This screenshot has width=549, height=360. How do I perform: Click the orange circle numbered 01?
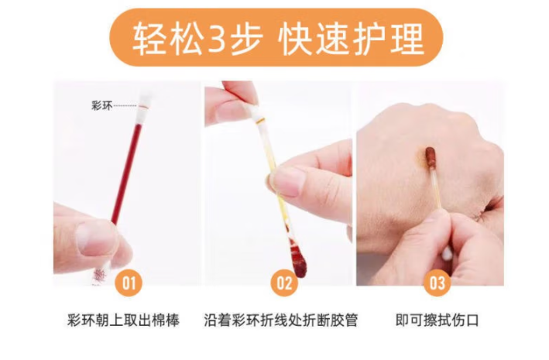tap(129, 283)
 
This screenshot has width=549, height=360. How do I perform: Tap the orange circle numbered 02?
tap(284, 283)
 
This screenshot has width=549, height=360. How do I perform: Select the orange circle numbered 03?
tap(437, 283)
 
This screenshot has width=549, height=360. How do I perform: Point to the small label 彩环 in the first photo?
tap(102, 105)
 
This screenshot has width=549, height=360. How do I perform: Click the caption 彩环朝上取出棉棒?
tap(123, 320)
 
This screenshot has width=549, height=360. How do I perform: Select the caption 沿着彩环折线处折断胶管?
tap(281, 320)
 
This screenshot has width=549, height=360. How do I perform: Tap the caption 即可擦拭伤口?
tap(437, 320)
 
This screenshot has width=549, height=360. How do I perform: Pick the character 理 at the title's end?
tap(407, 38)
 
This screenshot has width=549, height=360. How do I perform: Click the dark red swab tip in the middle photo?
tap(298, 262)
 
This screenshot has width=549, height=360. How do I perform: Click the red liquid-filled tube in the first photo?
tap(127, 173)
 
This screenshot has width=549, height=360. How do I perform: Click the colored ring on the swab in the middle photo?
tap(260, 122)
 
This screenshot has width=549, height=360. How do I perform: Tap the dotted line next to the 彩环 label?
tap(125, 105)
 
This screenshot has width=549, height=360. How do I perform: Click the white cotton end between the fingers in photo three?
tap(447, 253)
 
